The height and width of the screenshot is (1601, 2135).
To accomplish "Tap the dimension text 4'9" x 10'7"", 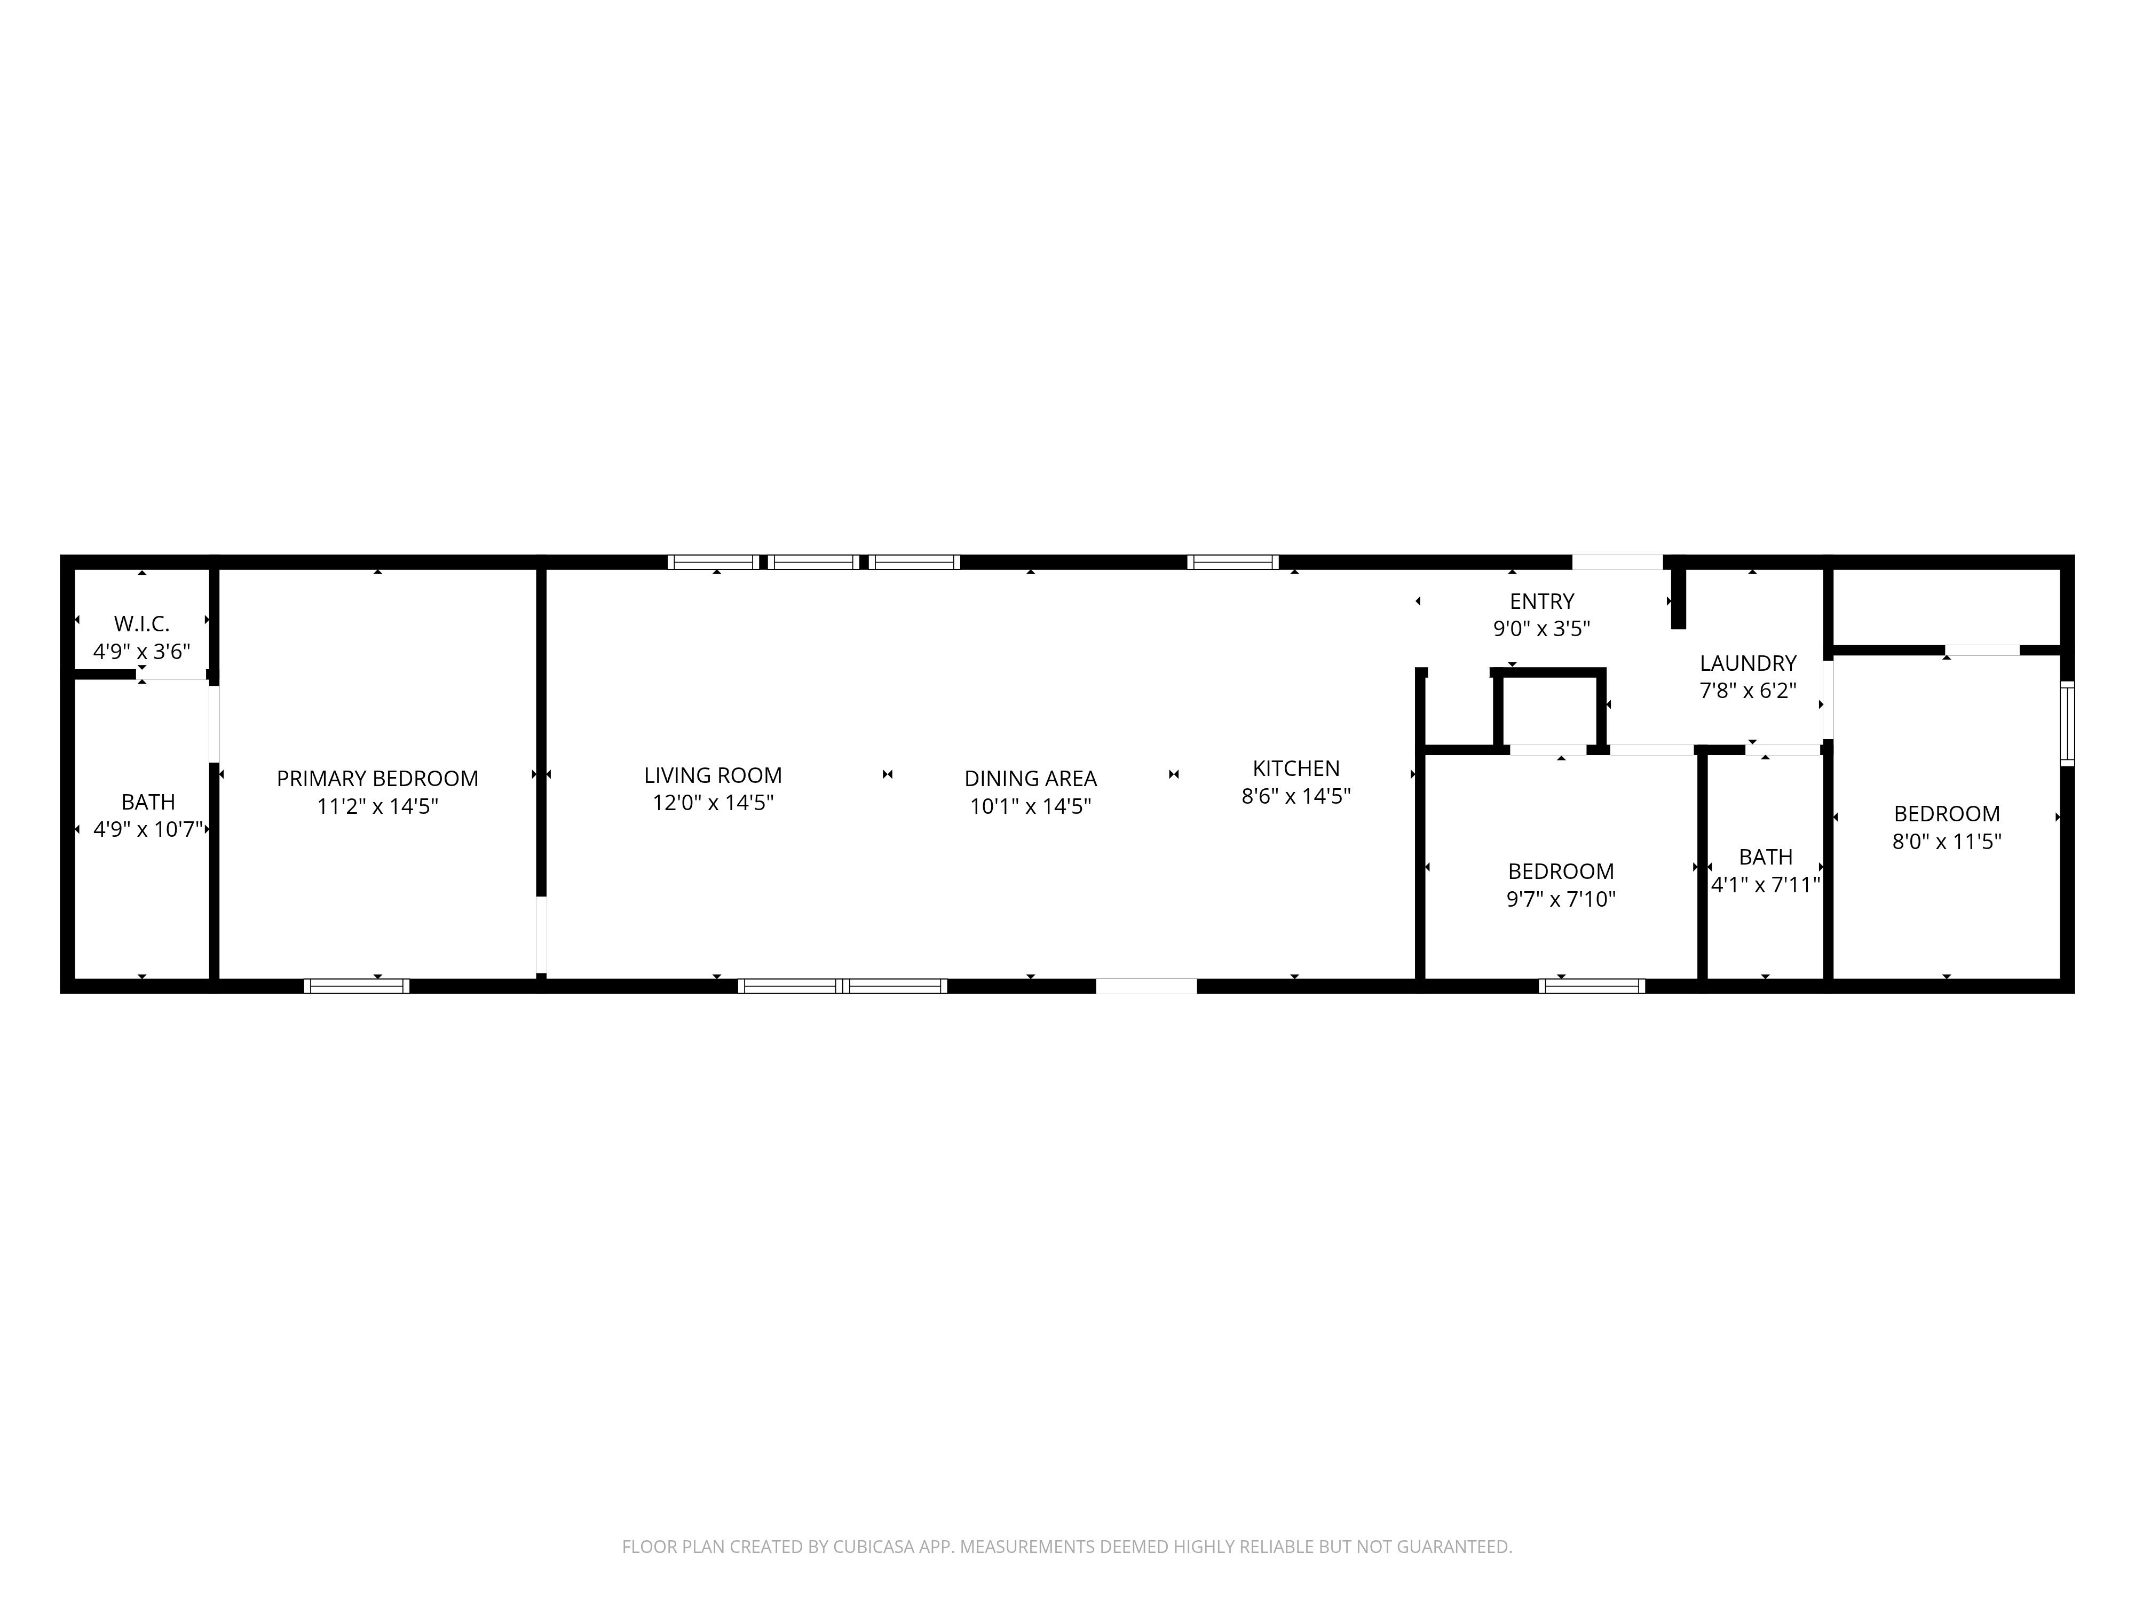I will (148, 829).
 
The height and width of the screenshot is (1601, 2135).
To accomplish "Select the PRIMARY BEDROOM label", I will (377, 779).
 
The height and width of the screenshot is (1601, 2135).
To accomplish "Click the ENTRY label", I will (1541, 602).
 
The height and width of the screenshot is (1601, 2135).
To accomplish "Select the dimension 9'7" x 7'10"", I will (1561, 899).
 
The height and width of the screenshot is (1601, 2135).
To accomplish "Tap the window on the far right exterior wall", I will (2067, 724).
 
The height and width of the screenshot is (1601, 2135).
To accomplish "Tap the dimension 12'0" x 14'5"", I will (713, 803).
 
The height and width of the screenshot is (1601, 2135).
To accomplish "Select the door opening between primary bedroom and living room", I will (541, 934).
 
